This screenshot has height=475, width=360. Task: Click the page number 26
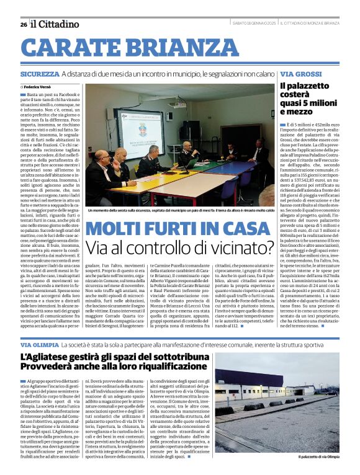pos(23,24)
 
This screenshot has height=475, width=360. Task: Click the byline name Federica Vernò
pos(40,87)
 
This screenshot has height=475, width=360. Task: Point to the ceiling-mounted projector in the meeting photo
pos(176,104)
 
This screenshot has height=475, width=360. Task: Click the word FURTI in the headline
pos(181,229)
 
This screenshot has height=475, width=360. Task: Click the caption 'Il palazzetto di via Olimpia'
pos(318,456)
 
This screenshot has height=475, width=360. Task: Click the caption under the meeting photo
pos(180,210)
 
